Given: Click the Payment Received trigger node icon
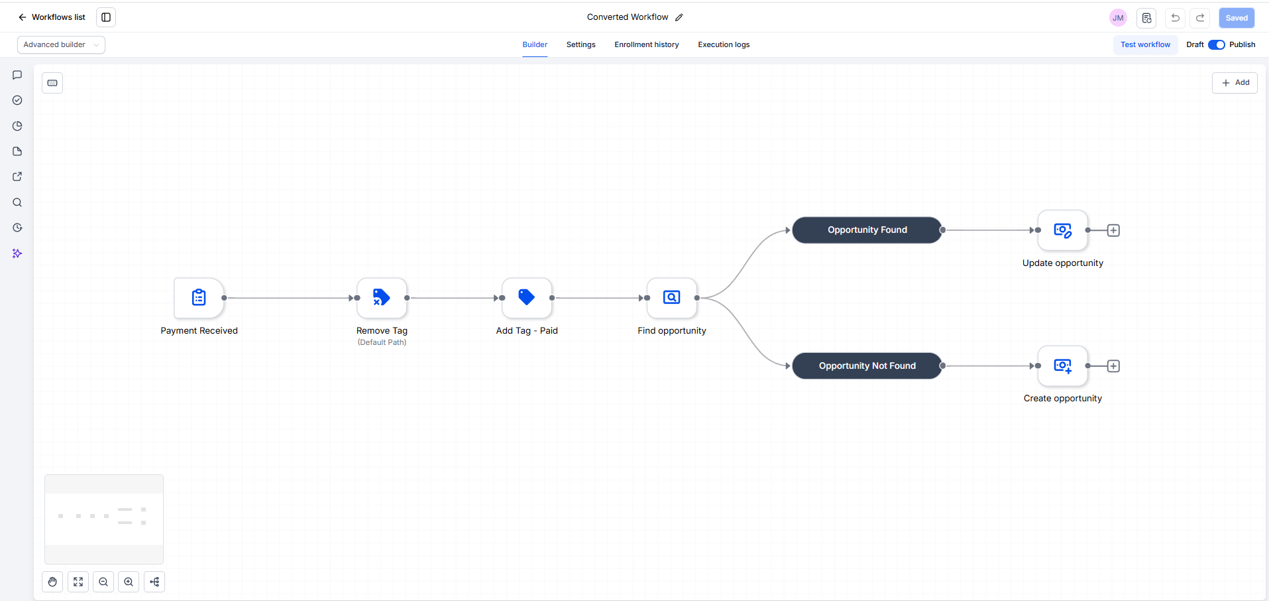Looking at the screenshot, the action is [199, 298].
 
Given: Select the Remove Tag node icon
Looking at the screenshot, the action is [382, 298].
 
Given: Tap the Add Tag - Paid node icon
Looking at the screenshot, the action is [527, 298].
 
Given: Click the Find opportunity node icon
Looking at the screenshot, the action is [672, 298].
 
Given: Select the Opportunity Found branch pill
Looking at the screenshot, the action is [867, 230].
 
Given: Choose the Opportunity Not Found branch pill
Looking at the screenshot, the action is [867, 366].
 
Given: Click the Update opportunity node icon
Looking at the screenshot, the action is [1063, 230].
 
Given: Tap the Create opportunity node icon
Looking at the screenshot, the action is [1063, 366].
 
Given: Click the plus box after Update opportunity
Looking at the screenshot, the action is [1113, 230].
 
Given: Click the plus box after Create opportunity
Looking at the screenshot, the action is [1113, 366].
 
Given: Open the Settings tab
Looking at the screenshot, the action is [581, 44].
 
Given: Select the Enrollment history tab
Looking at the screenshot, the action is [647, 44].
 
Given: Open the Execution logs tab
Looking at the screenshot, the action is [724, 44].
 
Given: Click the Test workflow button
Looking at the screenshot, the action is [1145, 44].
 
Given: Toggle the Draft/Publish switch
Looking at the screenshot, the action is [1217, 44].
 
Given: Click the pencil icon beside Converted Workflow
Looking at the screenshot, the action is [679, 17].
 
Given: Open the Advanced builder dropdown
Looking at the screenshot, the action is [61, 44].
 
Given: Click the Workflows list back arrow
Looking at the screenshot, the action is [23, 17].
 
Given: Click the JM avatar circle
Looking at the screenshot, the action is [1118, 18].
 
